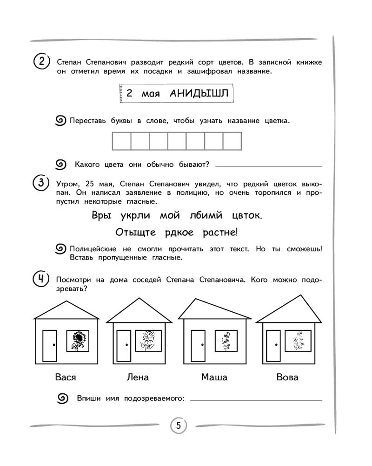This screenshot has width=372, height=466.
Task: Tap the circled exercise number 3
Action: coord(41,183)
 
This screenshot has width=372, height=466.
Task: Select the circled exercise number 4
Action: coord(41,280)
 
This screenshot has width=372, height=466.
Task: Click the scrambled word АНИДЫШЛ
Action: coord(199,93)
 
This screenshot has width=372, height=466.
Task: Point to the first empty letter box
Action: coord(121,141)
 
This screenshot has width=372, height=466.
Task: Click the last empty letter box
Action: coord(232,141)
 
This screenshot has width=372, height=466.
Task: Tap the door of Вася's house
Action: coord(50,345)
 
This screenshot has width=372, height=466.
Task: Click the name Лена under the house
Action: coord(138,377)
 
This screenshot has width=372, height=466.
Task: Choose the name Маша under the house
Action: coord(214,377)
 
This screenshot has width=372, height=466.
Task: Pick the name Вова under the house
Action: coord(287,377)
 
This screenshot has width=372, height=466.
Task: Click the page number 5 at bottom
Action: coord(178,425)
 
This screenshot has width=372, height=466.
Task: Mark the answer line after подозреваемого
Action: coord(256,400)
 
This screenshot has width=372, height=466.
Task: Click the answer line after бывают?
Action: coord(269,166)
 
